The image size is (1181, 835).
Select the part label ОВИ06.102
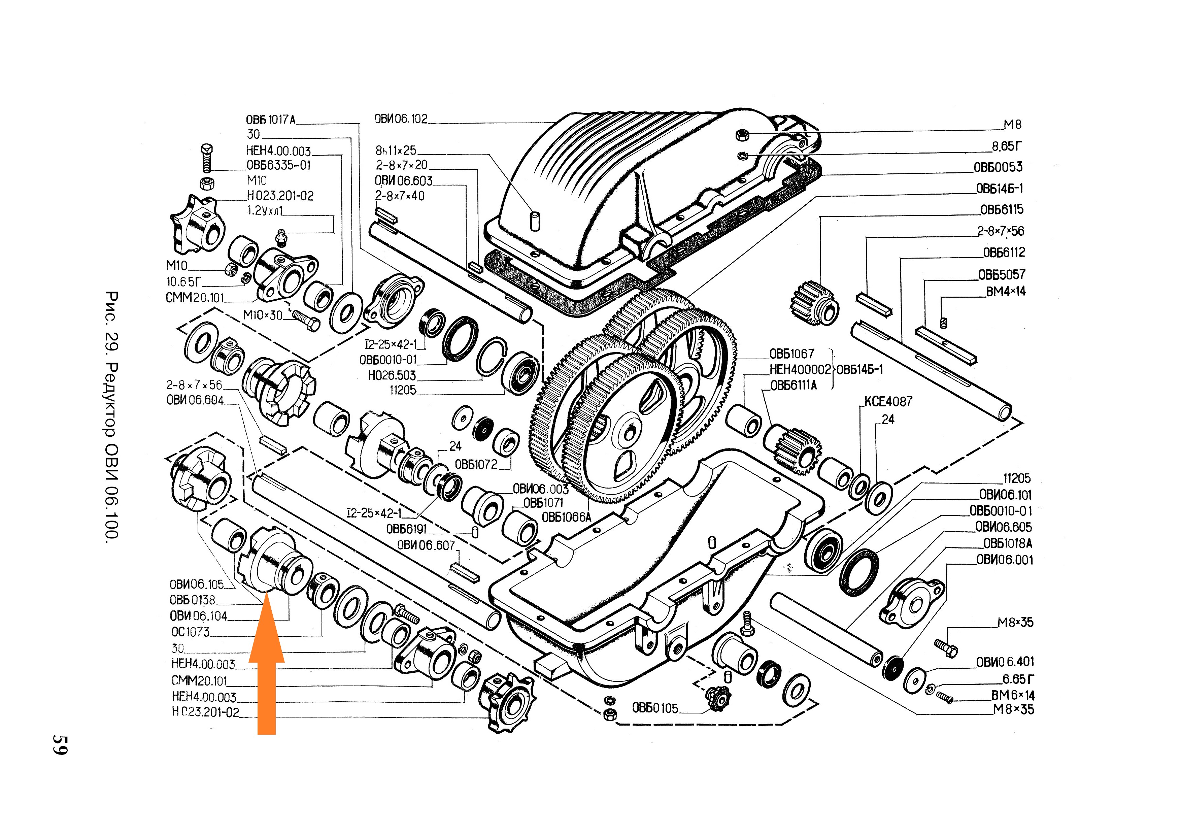coord(401,119)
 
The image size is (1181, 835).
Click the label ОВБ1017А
coord(271,120)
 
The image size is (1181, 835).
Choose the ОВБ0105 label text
coord(655,708)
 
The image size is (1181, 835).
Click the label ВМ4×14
coord(1005,291)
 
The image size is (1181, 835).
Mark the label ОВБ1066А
coord(566,517)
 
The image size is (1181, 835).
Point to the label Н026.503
coord(392,375)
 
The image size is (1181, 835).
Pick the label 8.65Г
coord(1007,146)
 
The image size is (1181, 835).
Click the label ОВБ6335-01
coord(278,166)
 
